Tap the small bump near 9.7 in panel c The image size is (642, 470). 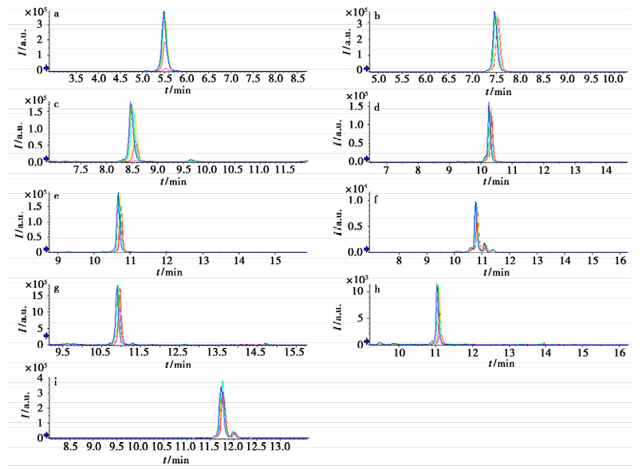click(191, 159)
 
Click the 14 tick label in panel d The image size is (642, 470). click(605, 170)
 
